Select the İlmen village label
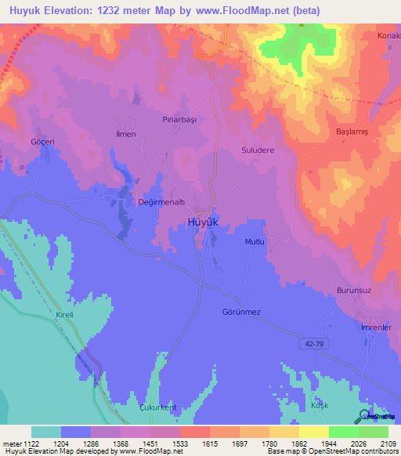point(126,135)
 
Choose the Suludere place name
point(258,150)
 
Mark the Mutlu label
point(255,242)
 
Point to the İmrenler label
point(375,328)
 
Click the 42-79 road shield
point(311,343)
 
